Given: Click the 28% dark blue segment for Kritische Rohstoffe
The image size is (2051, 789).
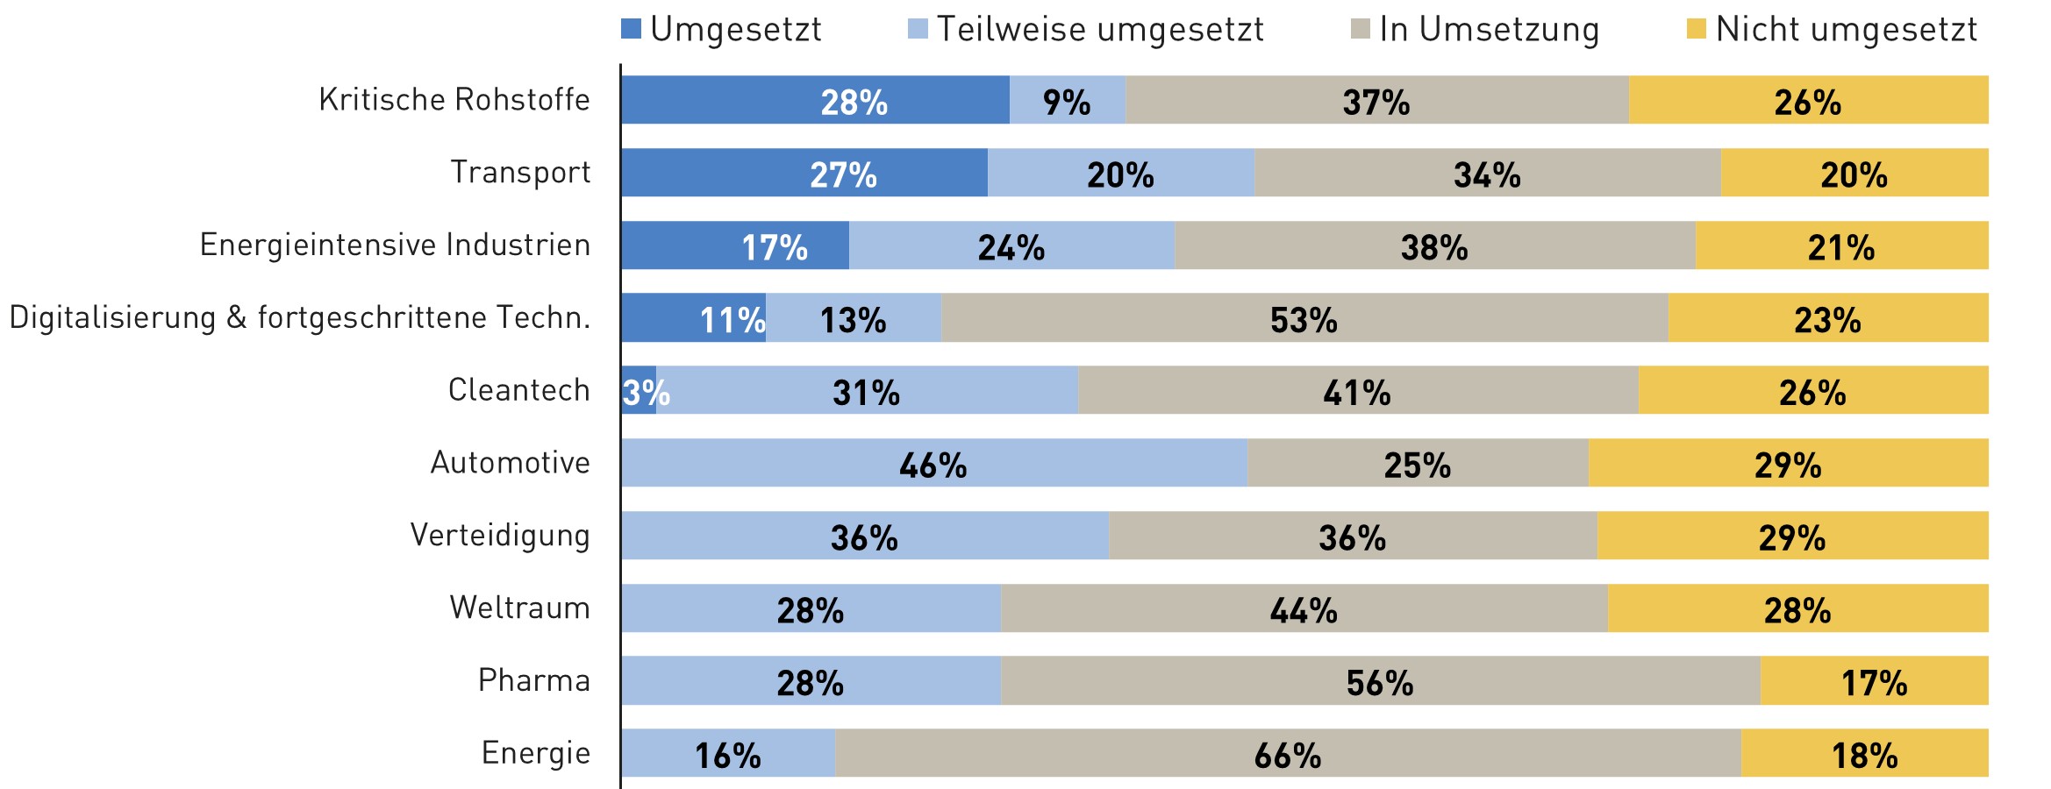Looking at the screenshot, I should point(815,100).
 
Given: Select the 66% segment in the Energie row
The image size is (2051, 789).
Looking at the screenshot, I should point(1288,753).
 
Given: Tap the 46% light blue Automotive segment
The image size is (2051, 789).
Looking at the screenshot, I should point(933,463).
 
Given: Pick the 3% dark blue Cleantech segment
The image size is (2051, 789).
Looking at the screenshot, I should point(638,391).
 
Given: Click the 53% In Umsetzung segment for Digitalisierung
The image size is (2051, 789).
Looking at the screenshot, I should point(1304,318).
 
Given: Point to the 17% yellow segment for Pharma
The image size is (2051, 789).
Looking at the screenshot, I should point(1874,681).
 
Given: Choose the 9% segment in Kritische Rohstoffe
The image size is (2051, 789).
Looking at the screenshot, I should point(1067,100).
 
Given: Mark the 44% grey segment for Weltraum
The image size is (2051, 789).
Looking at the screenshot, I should point(1304,608).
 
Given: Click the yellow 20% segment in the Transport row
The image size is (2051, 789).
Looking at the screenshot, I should point(1854,173).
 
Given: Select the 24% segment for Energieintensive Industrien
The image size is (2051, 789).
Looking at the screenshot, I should point(1011,245).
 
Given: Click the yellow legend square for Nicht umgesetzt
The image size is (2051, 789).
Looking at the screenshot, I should point(1696,30).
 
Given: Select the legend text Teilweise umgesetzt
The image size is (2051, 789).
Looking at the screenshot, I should point(1099,30).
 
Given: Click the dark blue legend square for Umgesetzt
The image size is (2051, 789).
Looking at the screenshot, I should point(631,30).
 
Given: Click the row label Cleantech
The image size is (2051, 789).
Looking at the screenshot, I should point(518,390).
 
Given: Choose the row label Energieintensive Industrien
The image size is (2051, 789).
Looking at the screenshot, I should point(395,245).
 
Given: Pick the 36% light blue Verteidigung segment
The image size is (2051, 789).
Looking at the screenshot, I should point(864,536).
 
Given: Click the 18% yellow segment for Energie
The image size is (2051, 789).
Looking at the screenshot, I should point(1864,753).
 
